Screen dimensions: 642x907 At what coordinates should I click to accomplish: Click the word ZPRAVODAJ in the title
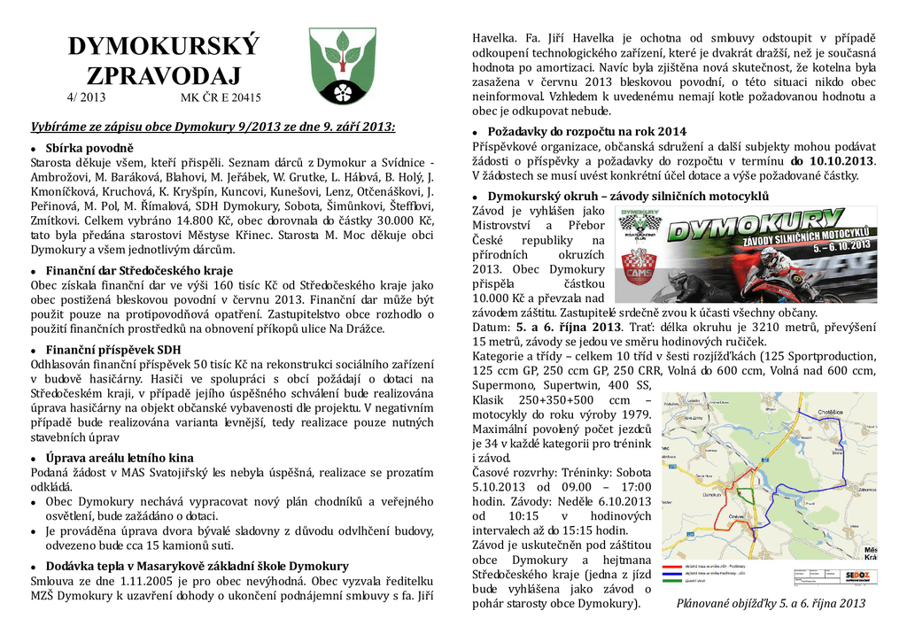point(163,75)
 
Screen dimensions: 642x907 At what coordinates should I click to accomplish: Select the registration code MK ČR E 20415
point(221,97)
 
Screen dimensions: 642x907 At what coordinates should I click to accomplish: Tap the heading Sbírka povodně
point(89,147)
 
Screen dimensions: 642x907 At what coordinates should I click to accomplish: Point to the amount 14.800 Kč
point(202,219)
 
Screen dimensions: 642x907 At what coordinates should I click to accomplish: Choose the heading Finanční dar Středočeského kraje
point(139,270)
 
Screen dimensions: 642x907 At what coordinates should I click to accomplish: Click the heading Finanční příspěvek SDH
point(112,350)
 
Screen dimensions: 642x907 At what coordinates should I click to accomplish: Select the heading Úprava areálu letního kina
point(119,458)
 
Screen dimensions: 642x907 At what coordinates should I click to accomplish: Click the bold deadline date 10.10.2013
point(845,161)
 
